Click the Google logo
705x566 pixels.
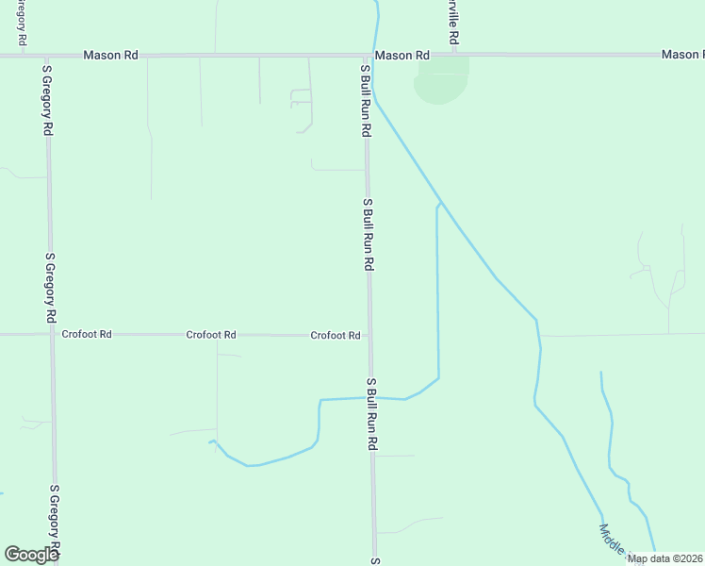[x=32, y=554]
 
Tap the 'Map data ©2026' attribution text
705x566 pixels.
[x=664, y=558]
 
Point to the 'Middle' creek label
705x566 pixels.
[x=612, y=540]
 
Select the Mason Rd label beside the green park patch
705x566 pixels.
[x=402, y=56]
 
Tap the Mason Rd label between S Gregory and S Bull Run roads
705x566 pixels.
[x=110, y=56]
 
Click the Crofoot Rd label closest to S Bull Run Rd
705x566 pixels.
[x=336, y=335]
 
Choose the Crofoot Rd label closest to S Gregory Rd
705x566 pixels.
[x=87, y=334]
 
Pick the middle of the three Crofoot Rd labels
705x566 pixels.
[x=211, y=334]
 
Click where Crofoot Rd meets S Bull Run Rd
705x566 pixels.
[x=369, y=335]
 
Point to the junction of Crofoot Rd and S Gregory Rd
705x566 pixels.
[x=52, y=334]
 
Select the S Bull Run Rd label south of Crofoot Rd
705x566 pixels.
[x=372, y=413]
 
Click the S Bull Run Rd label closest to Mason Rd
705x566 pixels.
[x=365, y=100]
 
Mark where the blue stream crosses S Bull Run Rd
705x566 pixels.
[x=370, y=398]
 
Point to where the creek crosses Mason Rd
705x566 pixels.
[x=375, y=56]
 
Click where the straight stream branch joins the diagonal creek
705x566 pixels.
[x=441, y=202]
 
